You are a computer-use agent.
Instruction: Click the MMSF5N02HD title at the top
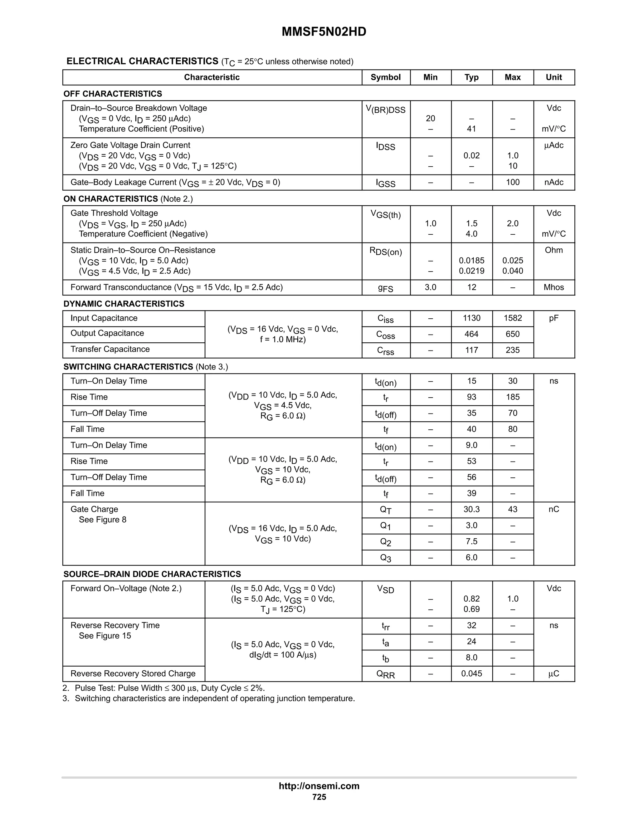click(324, 32)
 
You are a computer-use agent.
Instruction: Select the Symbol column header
click(385, 77)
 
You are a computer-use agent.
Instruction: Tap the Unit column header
click(554, 77)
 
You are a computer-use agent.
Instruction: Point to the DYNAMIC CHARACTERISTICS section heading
click(124, 304)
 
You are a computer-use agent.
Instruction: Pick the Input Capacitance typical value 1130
click(471, 318)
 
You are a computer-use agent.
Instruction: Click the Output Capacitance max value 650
click(513, 334)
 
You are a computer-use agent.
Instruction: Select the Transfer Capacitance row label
click(110, 349)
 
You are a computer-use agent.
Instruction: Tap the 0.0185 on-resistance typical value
click(471, 261)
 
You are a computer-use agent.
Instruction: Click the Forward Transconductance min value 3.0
click(430, 287)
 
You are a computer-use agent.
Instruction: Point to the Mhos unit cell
click(554, 287)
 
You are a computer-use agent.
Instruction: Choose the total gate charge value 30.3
click(471, 509)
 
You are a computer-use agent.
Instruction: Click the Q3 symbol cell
click(385, 558)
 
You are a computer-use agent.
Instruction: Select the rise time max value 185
click(513, 397)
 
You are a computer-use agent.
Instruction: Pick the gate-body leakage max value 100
click(513, 182)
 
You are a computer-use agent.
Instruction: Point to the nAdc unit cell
click(554, 182)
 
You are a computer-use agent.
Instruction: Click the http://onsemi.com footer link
click(319, 786)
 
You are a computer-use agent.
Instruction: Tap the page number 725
click(319, 797)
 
